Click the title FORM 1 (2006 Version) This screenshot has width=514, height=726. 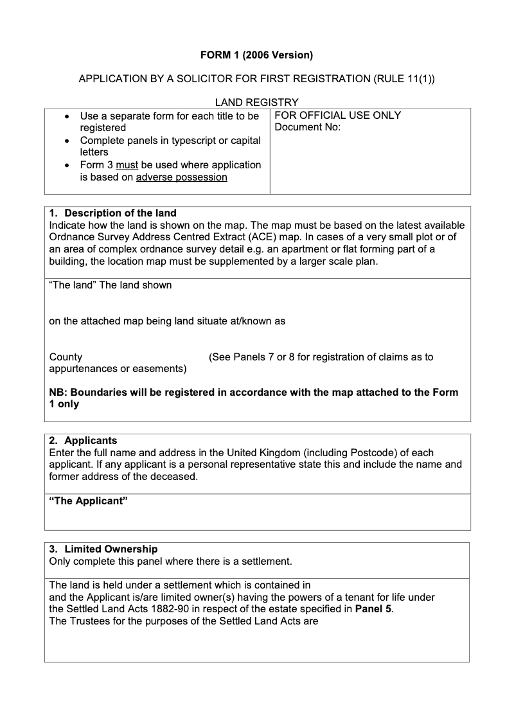click(256, 55)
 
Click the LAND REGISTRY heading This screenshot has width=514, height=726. click(256, 102)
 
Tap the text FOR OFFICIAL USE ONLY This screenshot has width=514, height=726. click(337, 116)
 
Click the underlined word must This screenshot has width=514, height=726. click(127, 164)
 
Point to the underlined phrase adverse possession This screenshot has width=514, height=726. click(182, 177)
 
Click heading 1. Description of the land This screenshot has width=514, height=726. click(113, 213)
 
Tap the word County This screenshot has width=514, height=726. click(66, 357)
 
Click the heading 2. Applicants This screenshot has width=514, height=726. click(84, 440)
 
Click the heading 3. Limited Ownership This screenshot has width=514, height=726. click(103, 549)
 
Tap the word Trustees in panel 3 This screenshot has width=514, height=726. click(90, 621)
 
